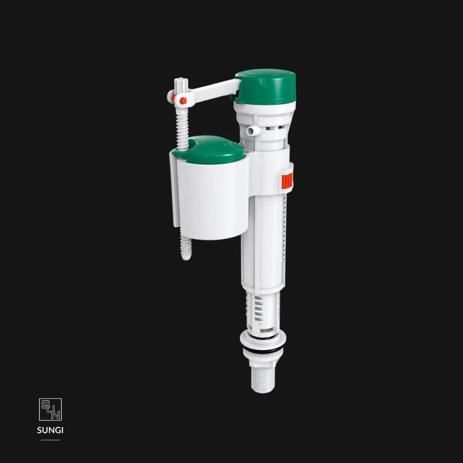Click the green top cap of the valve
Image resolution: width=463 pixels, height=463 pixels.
pos(265,87)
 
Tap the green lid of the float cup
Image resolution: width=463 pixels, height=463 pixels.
pos(210,150)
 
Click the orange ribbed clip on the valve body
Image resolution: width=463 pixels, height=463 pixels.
pos(287,181)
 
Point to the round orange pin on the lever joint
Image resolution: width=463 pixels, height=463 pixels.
pos(183,100)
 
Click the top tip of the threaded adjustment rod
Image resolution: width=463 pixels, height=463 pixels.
pos(181,79)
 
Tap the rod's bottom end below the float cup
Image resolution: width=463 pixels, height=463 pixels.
pos(186,257)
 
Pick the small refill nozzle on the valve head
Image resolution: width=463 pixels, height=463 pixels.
pos(253,131)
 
